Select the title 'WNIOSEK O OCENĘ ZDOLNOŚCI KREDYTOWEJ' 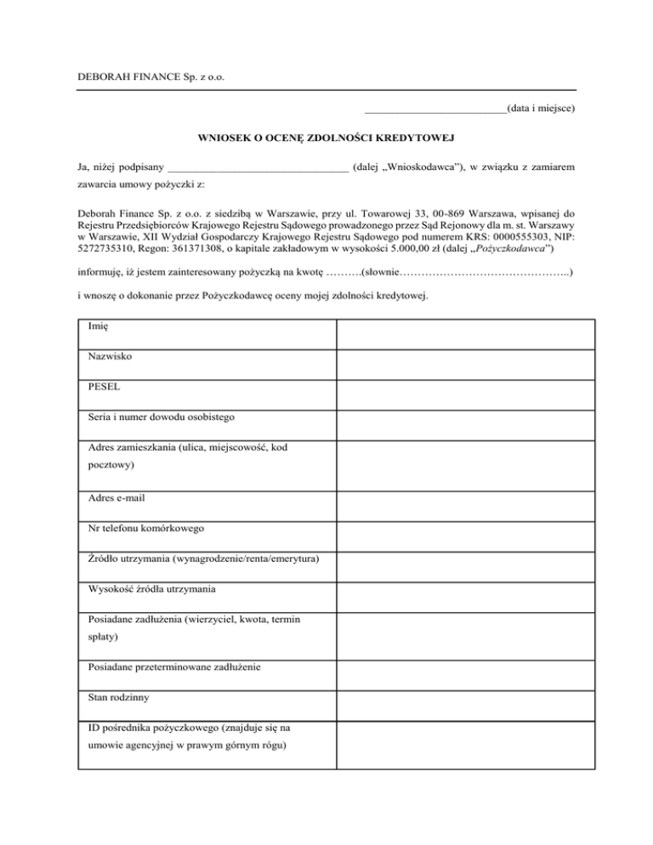point(325,137)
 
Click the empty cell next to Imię point(464,333)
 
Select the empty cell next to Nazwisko point(464,363)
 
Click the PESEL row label point(104,386)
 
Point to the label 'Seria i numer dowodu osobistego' point(162,417)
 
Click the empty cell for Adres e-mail point(464,502)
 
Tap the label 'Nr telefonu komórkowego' point(145,527)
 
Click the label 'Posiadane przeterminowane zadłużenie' point(174,666)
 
